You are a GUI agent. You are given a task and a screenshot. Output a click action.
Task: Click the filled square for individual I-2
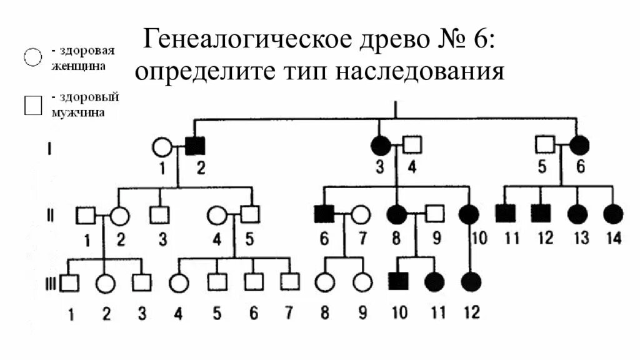click(x=195, y=146)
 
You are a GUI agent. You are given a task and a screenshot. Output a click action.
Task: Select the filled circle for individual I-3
click(x=380, y=146)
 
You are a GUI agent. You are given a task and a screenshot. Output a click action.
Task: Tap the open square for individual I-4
click(x=412, y=146)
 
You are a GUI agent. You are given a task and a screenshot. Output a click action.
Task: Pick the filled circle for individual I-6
click(x=579, y=146)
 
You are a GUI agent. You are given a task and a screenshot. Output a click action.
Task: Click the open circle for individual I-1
click(x=162, y=147)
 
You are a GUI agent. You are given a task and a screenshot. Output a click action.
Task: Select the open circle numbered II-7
click(x=360, y=215)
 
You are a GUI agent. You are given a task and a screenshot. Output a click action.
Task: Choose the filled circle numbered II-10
click(x=468, y=215)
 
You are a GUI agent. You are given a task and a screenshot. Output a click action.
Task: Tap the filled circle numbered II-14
click(x=614, y=214)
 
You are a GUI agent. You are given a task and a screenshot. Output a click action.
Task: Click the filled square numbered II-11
click(x=505, y=214)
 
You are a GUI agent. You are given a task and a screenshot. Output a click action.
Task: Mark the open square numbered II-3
click(x=159, y=215)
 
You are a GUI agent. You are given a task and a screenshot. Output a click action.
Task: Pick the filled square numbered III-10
click(x=398, y=282)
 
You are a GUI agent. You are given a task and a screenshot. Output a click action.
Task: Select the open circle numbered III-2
click(x=106, y=283)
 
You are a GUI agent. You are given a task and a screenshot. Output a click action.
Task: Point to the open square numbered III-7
click(x=289, y=282)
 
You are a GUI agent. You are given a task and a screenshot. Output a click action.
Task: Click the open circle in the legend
click(x=32, y=56)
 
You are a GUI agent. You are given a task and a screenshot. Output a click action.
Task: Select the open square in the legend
click(x=32, y=106)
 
